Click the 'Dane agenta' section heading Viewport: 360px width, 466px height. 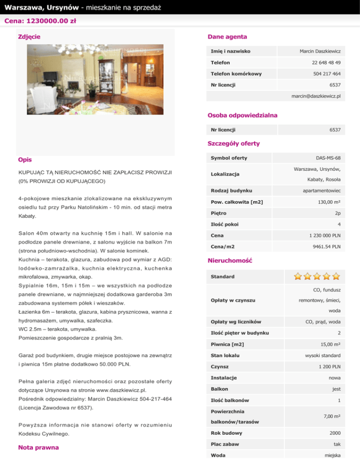[x=227, y=37]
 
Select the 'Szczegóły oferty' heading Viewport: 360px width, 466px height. [x=233, y=143]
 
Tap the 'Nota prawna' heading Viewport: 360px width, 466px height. [x=38, y=448]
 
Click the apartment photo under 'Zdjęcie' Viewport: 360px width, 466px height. [x=95, y=79]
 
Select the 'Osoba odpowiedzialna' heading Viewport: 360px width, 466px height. [x=242, y=115]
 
